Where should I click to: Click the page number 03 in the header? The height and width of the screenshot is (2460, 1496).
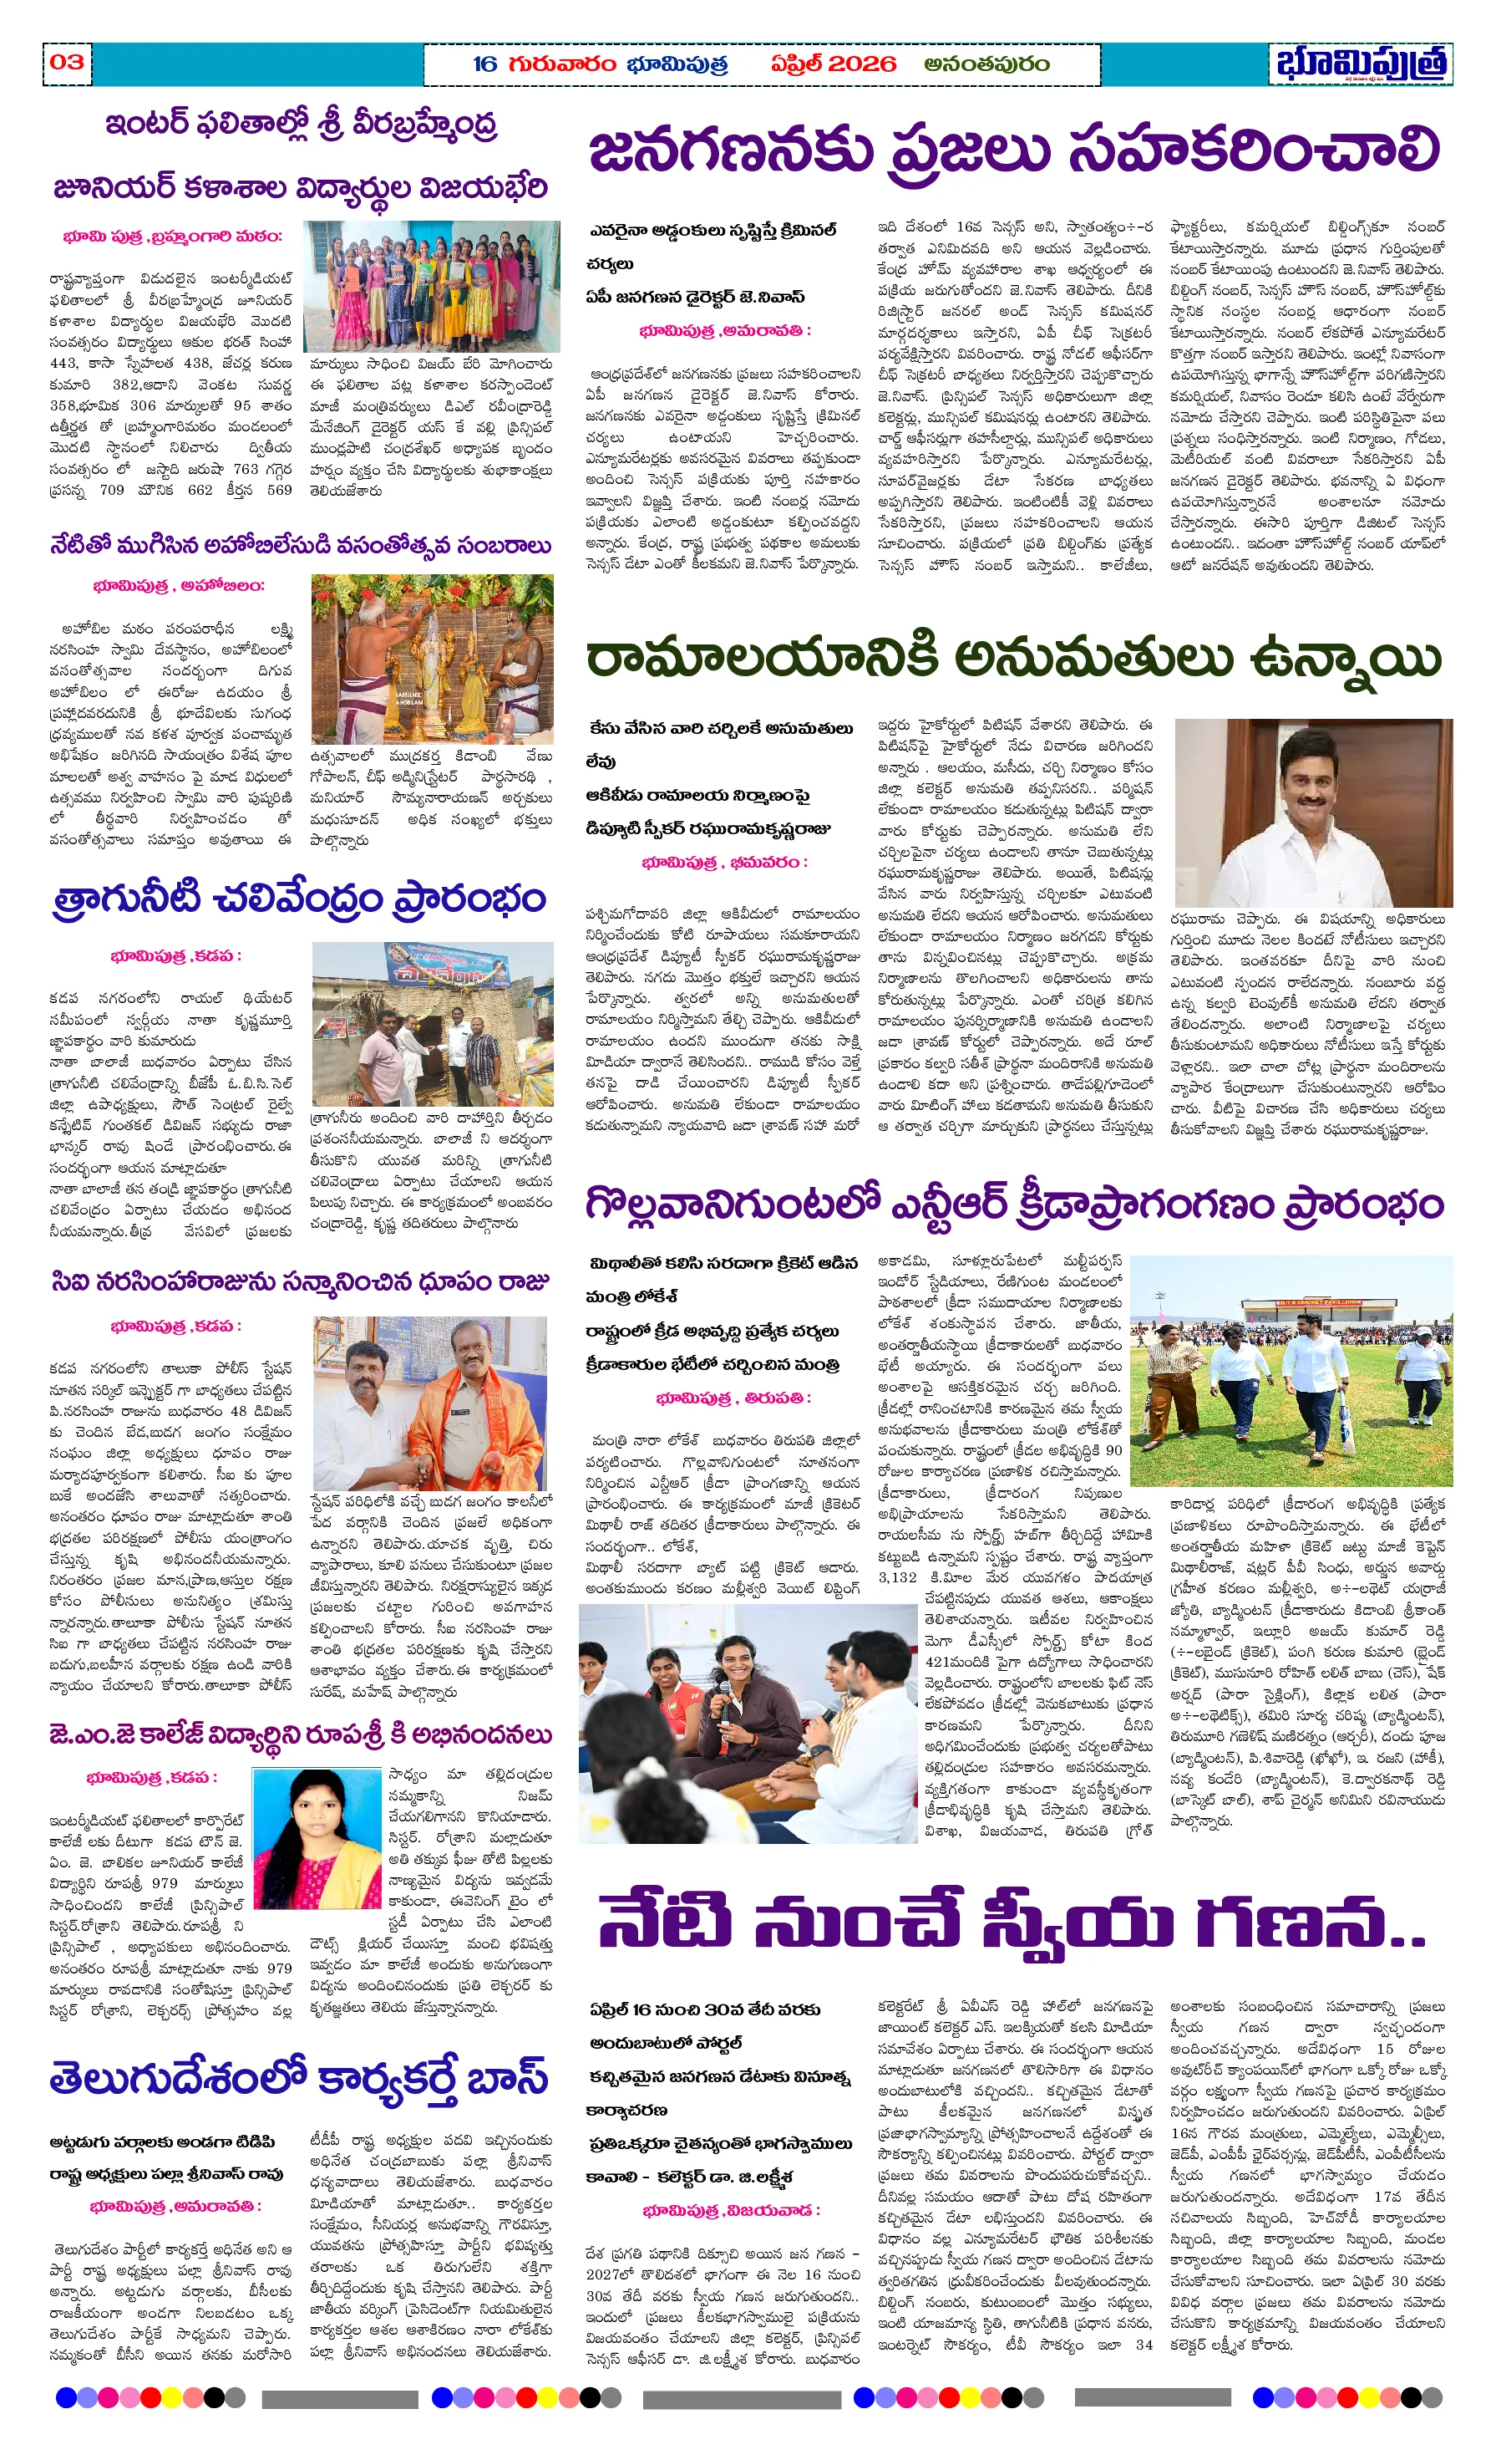tap(67, 62)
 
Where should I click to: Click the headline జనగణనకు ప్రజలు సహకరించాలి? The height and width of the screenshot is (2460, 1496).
tap(1014, 150)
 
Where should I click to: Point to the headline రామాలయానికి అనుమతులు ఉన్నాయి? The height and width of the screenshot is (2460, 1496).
tap(1014, 660)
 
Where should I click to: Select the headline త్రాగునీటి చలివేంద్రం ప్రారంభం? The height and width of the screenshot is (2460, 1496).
tap(299, 899)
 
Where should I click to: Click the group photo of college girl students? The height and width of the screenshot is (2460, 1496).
tap(431, 286)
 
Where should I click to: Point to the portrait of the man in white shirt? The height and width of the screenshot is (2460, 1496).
tap(1312, 812)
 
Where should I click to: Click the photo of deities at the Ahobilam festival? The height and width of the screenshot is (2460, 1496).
tap(431, 658)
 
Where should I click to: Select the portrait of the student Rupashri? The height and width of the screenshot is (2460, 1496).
tap(317, 1839)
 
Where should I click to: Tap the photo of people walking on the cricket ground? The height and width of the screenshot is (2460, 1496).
tap(1291, 1371)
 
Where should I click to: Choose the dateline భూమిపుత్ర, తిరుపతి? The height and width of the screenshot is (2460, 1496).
tap(733, 1398)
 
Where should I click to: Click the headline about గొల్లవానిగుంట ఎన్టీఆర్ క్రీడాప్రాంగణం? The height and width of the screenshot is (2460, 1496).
tap(1014, 1205)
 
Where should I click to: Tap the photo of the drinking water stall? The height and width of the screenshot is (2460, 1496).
tap(431, 1022)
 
